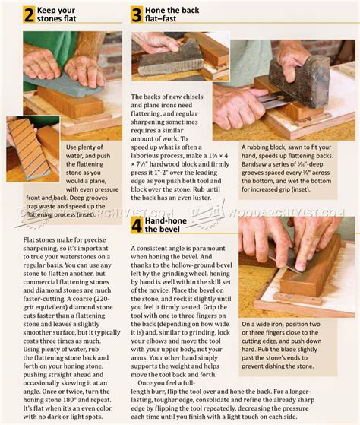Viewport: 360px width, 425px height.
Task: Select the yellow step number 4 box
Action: [137, 225]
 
